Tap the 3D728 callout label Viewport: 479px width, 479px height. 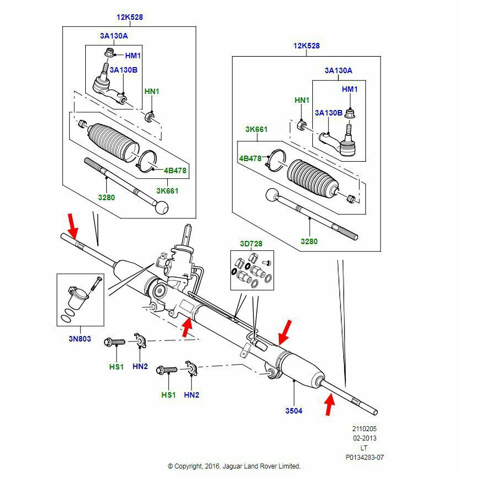tap(251, 244)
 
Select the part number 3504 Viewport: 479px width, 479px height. tap(294, 411)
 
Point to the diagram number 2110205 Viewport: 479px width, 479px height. tap(365, 428)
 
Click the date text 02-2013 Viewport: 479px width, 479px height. tap(365, 438)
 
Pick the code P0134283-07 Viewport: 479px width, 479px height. tap(365, 457)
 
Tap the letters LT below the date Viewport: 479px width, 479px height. tap(365, 448)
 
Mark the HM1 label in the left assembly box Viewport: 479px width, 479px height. tap(133, 56)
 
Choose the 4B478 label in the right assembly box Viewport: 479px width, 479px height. tap(250, 158)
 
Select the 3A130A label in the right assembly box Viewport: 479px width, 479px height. tap(338, 70)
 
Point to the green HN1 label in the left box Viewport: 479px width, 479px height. tap(151, 91)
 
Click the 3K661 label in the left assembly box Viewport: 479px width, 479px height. tap(167, 191)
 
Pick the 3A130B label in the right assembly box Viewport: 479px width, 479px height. tap(328, 113)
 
